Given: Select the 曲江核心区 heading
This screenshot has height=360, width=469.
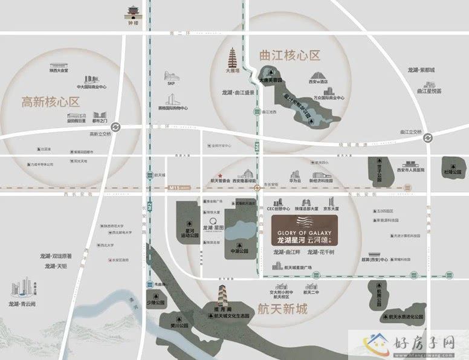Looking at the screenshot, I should pyautogui.click(x=289, y=57).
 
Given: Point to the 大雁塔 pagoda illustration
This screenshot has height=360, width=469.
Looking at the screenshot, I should pyautogui.click(x=231, y=61).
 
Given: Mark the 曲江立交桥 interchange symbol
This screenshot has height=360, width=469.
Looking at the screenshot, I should pyautogui.click(x=428, y=138).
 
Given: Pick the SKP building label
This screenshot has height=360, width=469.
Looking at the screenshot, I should pyautogui.click(x=170, y=85).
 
